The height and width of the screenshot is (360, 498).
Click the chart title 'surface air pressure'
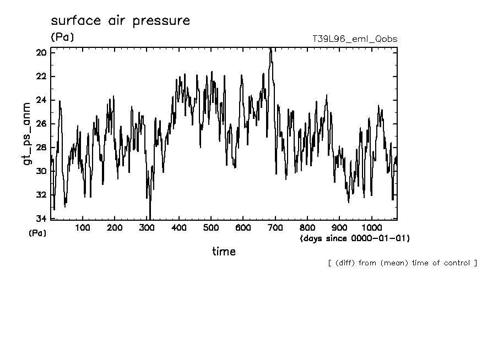click(120, 21)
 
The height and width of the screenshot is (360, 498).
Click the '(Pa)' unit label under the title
click(62, 37)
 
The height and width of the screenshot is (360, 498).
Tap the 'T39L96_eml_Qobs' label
click(354, 39)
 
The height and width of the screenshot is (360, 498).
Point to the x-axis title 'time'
click(224, 252)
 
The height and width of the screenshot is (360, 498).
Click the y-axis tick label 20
click(41, 53)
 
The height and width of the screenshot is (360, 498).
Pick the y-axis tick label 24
click(41, 100)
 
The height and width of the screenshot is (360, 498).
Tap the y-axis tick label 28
click(41, 148)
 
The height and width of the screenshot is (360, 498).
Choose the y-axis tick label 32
click(41, 195)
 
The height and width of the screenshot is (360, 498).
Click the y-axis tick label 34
click(41, 219)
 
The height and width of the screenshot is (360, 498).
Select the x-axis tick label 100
click(83, 228)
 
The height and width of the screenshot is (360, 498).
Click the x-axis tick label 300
click(147, 228)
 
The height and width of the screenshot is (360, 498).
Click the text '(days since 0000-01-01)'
click(355, 238)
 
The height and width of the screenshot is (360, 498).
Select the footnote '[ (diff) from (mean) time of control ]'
click(402, 263)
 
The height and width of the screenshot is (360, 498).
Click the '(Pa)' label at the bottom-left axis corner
click(37, 233)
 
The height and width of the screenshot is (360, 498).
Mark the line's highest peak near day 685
click(270, 50)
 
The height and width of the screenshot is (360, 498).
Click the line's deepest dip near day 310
click(150, 218)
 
